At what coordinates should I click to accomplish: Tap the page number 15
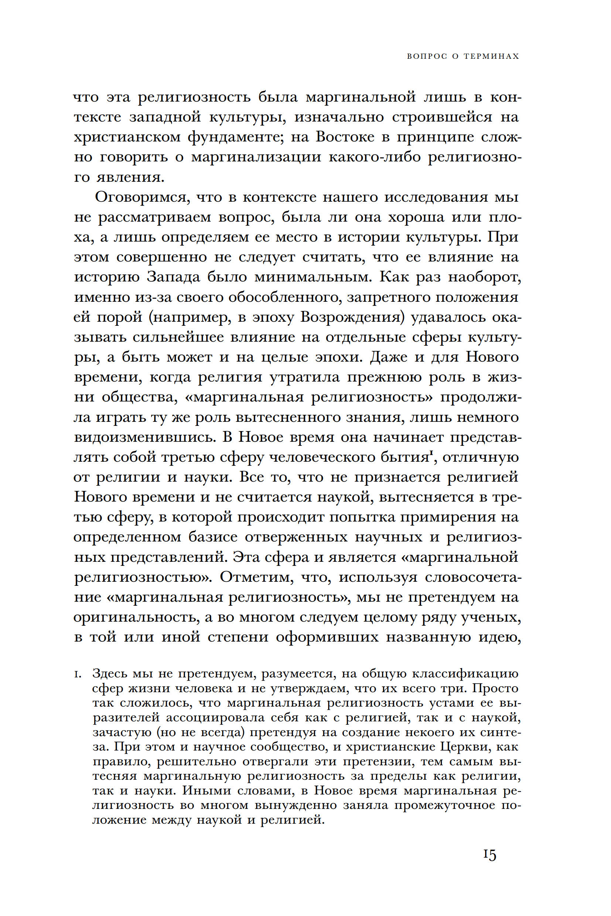(x=490, y=855)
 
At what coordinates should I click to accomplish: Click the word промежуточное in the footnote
(x=443, y=805)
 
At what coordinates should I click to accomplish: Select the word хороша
(x=416, y=218)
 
